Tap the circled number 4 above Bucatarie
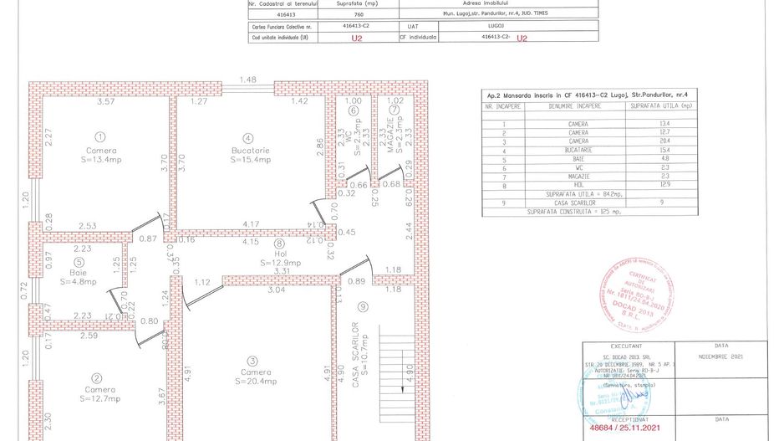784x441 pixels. [247, 138]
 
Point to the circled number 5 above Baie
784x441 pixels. [78, 262]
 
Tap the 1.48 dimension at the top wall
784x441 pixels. [247, 79]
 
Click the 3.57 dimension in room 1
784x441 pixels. [105, 102]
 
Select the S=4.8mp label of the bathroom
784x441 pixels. [78, 281]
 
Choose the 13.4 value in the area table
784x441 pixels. [665, 124]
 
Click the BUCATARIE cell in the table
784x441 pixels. [573, 150]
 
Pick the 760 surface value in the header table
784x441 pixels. [359, 14]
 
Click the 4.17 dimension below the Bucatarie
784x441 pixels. [250, 224]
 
